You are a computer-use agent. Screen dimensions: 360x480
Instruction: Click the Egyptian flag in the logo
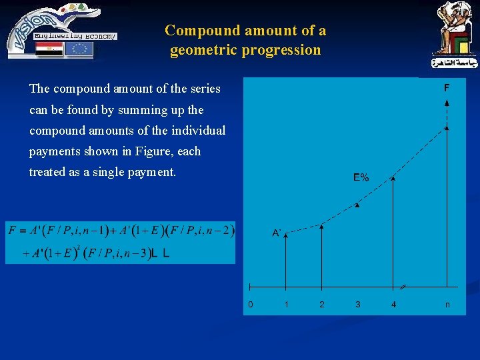50,49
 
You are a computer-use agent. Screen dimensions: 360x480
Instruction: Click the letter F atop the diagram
447,87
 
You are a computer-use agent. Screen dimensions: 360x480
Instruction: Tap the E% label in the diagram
361,177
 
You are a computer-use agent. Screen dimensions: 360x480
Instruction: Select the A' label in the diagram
277,233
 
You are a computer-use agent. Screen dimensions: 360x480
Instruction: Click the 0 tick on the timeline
250,304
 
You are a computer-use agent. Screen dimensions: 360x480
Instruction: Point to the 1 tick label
286,304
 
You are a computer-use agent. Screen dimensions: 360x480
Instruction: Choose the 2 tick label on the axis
322,304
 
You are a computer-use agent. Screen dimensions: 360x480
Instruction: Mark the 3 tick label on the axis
358,304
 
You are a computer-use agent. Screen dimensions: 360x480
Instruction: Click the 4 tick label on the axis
393,304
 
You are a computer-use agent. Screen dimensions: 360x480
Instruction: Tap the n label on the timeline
447,304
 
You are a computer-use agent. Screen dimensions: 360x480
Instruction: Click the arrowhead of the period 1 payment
286,235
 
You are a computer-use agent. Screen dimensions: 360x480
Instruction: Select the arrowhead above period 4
393,178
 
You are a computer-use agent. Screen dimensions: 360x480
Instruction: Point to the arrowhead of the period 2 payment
322,227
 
